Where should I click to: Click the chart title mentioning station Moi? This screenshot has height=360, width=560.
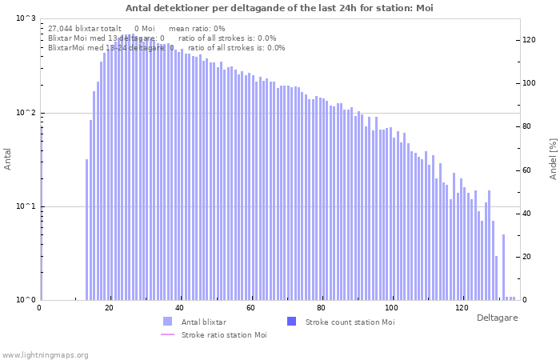coord(279,8)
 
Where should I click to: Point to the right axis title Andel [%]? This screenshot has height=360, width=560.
coord(553,158)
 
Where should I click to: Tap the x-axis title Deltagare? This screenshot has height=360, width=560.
coord(497,318)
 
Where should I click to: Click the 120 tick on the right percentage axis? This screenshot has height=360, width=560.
coord(530,40)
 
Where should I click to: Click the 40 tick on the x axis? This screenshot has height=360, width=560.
coord(179,308)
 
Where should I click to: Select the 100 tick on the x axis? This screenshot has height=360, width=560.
coord(391,308)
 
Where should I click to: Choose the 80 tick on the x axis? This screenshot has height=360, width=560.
coord(321,308)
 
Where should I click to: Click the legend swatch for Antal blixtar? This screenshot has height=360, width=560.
coord(167,322)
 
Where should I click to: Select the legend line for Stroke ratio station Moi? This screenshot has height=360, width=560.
coord(167,335)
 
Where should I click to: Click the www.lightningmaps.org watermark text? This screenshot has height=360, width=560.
coord(45,355)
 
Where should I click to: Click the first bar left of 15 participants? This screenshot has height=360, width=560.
coord(87,230)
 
